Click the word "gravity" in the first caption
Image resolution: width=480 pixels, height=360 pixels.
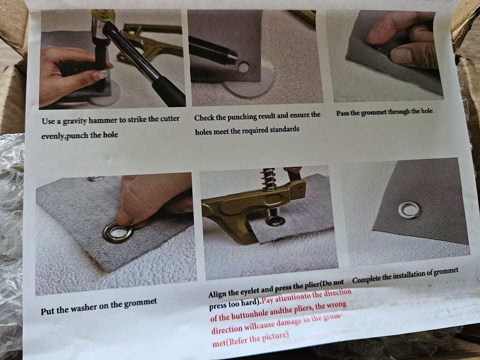pos(74,121)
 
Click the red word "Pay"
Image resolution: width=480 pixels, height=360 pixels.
pos(267,299)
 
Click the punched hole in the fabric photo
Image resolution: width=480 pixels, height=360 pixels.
pos(243,67)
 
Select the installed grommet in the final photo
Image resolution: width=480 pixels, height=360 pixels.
pos(409,209)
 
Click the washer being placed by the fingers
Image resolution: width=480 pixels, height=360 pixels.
pos(118,232)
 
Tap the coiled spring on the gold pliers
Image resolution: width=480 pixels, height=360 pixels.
pos(268,179)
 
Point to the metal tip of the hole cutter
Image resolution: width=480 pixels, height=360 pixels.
pos(231,56)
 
